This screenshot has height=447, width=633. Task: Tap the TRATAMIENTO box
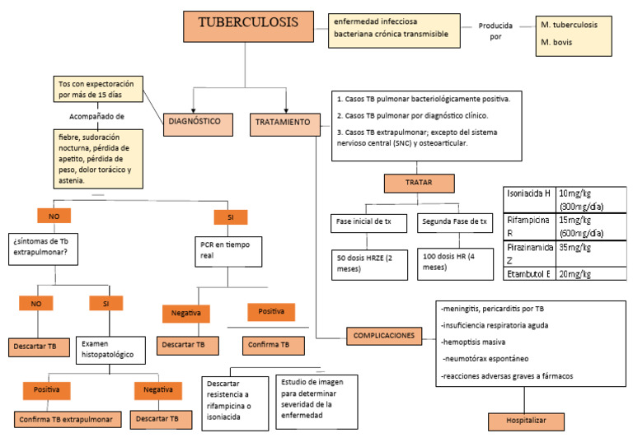pyautogui.click(x=284, y=123)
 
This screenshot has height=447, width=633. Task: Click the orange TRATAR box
pyautogui.click(x=419, y=183)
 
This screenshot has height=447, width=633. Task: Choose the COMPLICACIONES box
pyautogui.click(x=384, y=336)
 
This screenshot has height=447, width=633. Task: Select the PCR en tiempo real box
pyautogui.click(x=228, y=252)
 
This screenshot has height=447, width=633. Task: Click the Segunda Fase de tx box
pyautogui.click(x=454, y=221)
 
